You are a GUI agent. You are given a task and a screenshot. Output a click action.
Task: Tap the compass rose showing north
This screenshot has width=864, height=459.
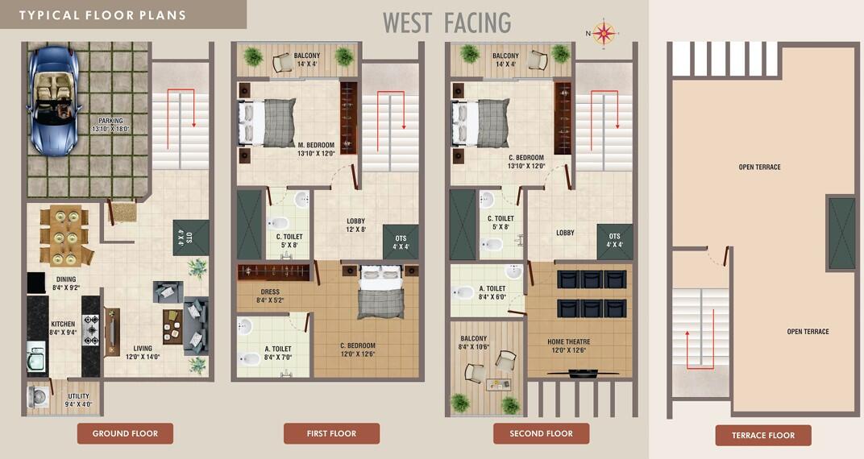pos(603,33)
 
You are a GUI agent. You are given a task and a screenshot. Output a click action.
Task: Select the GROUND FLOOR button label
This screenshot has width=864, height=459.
pos(125,433)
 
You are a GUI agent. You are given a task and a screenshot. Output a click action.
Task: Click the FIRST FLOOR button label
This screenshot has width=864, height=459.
pos(331,433)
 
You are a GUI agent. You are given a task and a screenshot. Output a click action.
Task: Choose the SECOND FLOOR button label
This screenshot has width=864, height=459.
pos(541,433)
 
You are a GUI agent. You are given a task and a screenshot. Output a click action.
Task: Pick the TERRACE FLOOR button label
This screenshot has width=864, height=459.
pos(763,436)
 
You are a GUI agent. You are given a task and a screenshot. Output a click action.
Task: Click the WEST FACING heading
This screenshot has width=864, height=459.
pos(447,23)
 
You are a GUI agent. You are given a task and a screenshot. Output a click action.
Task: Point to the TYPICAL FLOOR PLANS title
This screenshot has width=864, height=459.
pos(102,15)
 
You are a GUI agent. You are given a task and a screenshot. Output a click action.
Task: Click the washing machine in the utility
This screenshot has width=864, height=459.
pos(39,396)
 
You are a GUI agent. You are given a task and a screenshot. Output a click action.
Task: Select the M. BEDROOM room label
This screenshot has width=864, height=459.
pos(315,146)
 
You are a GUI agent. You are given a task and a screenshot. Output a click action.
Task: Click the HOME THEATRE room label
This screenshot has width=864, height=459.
pos(568,341)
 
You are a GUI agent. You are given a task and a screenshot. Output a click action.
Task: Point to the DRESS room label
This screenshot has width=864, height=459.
pos(270,292)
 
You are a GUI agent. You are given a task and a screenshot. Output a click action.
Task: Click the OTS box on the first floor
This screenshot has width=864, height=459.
pos(401,242)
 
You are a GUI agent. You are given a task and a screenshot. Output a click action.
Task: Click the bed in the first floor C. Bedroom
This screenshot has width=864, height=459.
pos(380,293)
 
